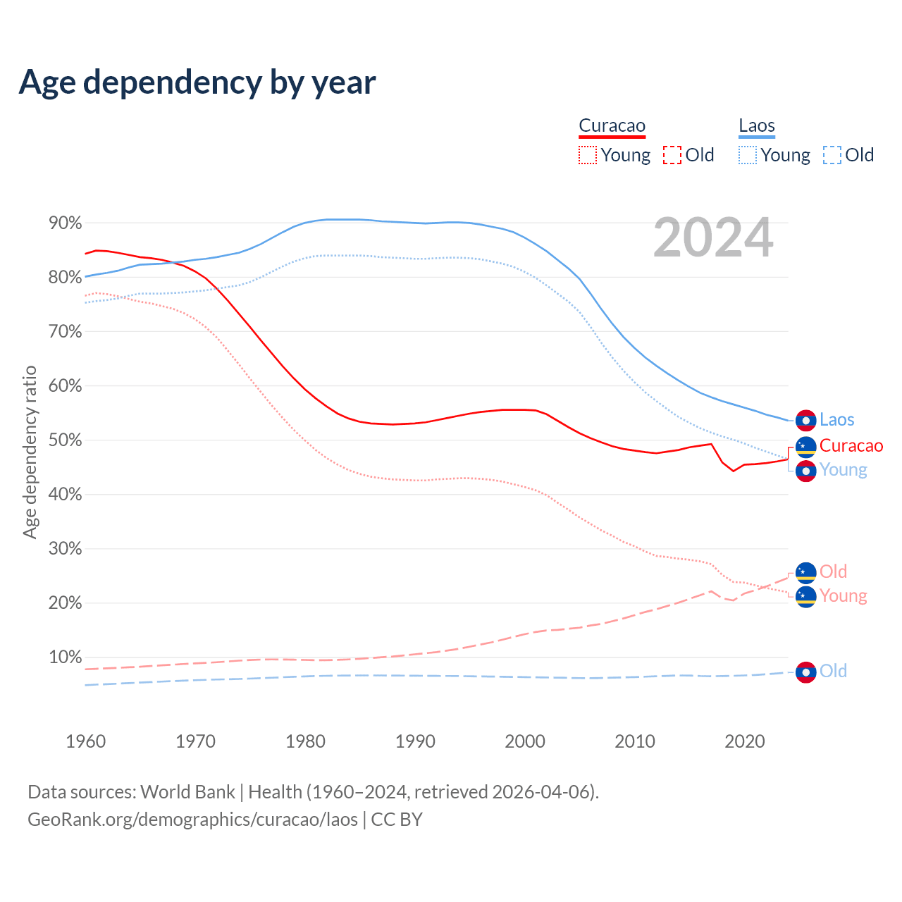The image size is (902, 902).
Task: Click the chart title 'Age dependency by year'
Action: point(197,82)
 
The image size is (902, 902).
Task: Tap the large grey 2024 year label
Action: point(713,237)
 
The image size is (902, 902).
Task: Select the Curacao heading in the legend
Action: point(612,126)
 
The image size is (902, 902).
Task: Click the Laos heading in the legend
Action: point(756,126)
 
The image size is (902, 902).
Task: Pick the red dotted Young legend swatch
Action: point(588,155)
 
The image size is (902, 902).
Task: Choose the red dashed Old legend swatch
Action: point(672,155)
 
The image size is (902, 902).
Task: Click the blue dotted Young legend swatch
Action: point(748,155)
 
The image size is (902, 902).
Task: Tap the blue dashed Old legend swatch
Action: point(832,155)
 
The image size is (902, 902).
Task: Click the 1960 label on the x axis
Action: point(85,741)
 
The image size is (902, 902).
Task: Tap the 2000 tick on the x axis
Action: point(525,741)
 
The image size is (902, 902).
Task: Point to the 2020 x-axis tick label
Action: point(745,741)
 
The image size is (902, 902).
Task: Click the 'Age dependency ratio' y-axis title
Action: point(30,452)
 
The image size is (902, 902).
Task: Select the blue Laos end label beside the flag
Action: point(836,420)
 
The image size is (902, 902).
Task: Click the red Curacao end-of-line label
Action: point(851,445)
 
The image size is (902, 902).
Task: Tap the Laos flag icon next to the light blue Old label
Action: point(805,672)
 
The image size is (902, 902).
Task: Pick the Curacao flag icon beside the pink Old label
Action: point(805,573)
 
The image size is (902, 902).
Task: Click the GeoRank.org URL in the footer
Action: point(192,820)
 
